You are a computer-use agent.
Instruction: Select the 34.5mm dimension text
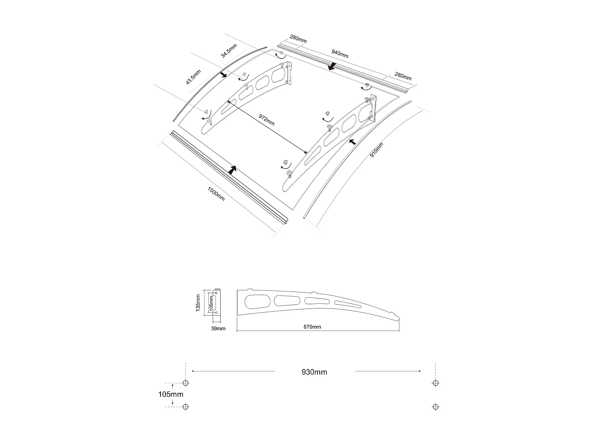[229, 51]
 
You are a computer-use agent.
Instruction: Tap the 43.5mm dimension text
[193, 77]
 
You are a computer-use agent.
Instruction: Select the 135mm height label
[199, 303]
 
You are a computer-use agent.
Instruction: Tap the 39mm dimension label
[218, 328]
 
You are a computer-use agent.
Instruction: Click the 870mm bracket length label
[312, 327]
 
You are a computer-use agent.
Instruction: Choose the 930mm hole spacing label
[314, 372]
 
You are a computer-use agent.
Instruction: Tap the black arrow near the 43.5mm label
[223, 75]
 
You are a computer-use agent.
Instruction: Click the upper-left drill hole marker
[186, 383]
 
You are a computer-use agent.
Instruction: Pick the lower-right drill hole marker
[435, 406]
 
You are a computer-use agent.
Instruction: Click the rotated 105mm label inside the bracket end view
[211, 303]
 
